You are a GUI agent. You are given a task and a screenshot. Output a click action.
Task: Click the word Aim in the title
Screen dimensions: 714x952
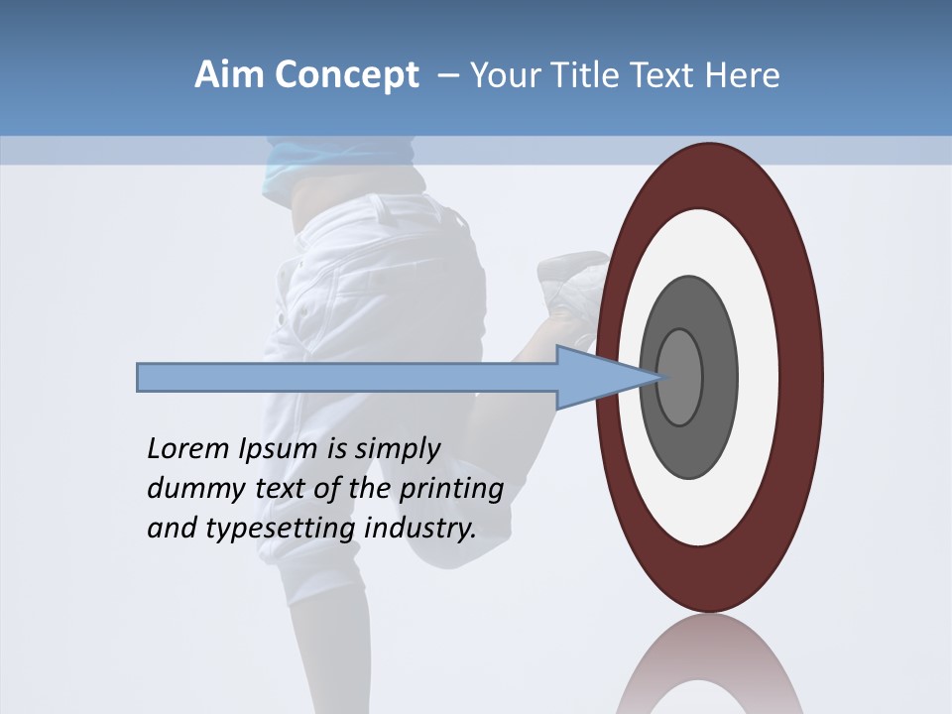click(230, 75)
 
